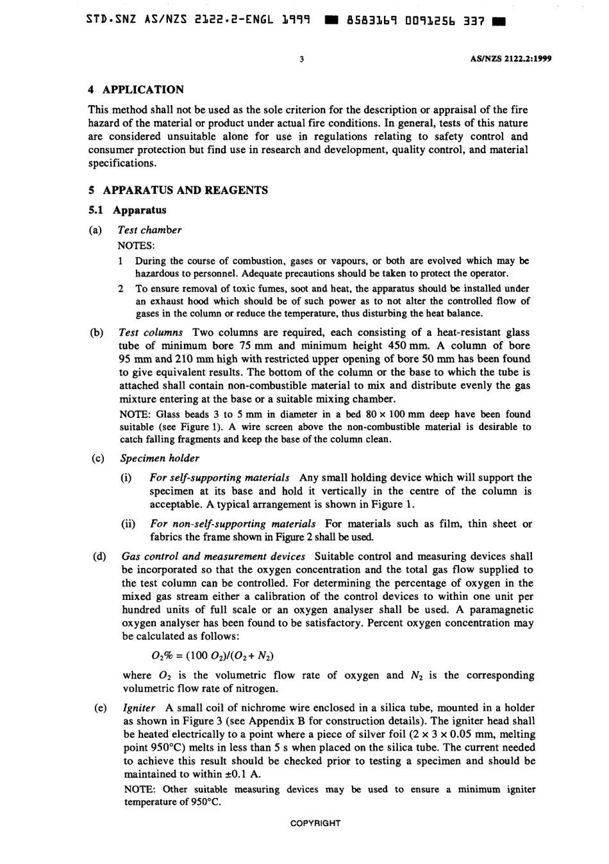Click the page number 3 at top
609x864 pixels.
301,59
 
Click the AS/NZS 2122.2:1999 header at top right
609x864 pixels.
511,59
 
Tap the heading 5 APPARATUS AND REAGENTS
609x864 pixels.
178,190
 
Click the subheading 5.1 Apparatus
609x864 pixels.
127,210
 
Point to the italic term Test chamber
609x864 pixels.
150,229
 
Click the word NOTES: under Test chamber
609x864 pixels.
131,245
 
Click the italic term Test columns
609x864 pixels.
151,332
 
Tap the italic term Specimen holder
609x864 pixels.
160,458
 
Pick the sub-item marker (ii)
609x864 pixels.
128,524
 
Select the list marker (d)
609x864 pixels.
99,556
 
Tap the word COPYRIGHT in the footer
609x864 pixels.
315,823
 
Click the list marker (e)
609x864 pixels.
99,708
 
